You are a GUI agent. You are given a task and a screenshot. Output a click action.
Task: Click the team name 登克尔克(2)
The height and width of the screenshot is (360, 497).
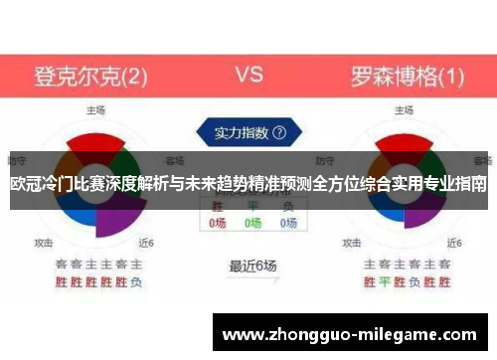click(x=91, y=76)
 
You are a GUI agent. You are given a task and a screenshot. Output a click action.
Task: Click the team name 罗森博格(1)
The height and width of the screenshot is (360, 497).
click(x=408, y=76)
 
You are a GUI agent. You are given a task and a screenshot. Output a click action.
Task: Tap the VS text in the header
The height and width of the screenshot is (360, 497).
click(x=248, y=75)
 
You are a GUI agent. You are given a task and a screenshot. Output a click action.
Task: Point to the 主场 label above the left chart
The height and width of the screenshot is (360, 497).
click(x=95, y=109)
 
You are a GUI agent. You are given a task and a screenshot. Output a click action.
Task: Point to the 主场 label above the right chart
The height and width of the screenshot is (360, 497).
click(x=404, y=109)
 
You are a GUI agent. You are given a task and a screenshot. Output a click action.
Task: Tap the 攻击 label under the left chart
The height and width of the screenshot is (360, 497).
click(x=44, y=242)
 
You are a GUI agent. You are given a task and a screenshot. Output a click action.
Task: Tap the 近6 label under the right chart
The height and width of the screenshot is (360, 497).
click(x=455, y=242)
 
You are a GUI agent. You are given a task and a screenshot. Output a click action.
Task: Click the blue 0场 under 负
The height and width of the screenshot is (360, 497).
click(x=287, y=224)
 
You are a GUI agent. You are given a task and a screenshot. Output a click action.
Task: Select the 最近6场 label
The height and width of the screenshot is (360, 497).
click(x=252, y=266)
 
